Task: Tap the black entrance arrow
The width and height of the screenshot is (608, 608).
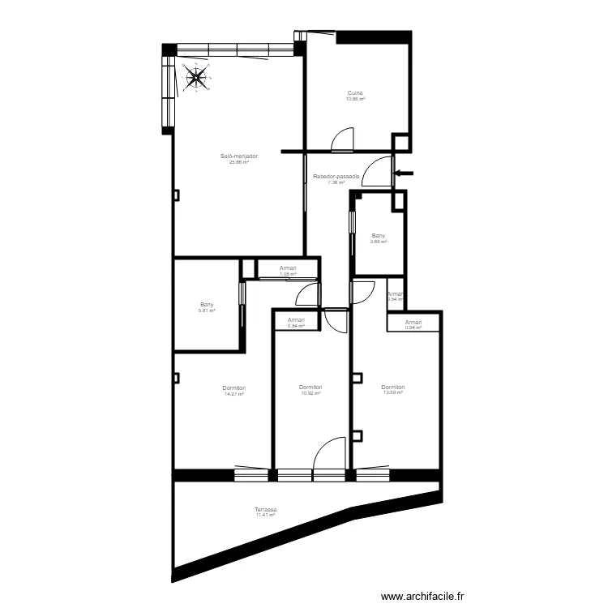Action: tap(405, 172)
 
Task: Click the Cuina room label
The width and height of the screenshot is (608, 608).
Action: tap(356, 93)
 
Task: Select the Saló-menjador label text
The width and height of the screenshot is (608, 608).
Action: tap(238, 156)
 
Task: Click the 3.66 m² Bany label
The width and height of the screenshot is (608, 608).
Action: tap(379, 237)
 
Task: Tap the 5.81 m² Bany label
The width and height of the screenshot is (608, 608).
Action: tap(207, 305)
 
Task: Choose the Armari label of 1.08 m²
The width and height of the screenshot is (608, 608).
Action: tap(288, 268)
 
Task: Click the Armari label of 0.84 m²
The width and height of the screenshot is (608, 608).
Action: tap(297, 320)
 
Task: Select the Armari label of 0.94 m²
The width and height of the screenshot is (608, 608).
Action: tap(413, 322)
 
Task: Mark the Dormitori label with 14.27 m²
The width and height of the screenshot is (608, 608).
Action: tap(234, 388)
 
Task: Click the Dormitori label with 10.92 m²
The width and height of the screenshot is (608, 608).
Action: tap(311, 388)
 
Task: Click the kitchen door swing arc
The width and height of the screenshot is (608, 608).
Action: tap(343, 139)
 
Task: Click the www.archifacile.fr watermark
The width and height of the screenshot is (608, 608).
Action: tap(435, 596)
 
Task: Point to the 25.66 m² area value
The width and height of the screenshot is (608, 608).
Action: tap(238, 161)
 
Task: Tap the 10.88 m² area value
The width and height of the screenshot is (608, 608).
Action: tap(356, 99)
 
